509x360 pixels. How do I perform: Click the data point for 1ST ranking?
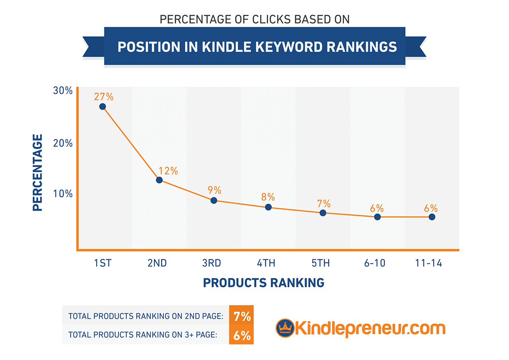click(103, 107)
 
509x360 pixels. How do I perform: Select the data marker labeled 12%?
click(159, 180)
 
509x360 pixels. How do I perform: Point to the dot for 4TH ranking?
click(268, 207)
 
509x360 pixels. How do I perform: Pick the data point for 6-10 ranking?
click(377, 217)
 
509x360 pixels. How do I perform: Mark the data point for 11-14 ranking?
click(432, 217)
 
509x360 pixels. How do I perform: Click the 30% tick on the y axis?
click(63, 91)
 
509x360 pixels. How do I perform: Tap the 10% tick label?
click(63, 194)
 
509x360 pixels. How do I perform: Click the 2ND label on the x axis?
click(157, 263)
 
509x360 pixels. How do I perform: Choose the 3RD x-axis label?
click(211, 263)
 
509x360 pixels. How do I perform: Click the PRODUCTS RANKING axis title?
click(264, 283)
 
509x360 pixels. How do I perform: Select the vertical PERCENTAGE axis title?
click(37, 173)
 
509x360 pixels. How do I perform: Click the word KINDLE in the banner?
click(225, 47)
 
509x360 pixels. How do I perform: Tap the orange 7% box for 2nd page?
click(242, 317)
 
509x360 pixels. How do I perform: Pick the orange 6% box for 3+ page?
click(242, 335)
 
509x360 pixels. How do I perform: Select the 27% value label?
click(104, 97)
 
